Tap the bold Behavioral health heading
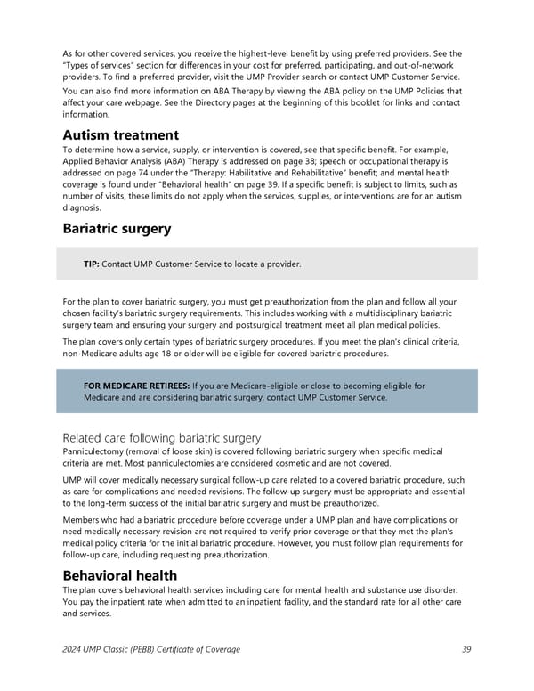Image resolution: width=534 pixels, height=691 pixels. pyautogui.click(x=120, y=575)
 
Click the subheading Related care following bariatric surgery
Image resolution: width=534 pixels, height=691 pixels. pyautogui.click(x=162, y=437)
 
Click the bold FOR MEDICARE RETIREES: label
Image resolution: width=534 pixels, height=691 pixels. pyautogui.click(x=136, y=386)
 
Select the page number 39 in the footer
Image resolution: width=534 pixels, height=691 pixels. pyautogui.click(x=467, y=649)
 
